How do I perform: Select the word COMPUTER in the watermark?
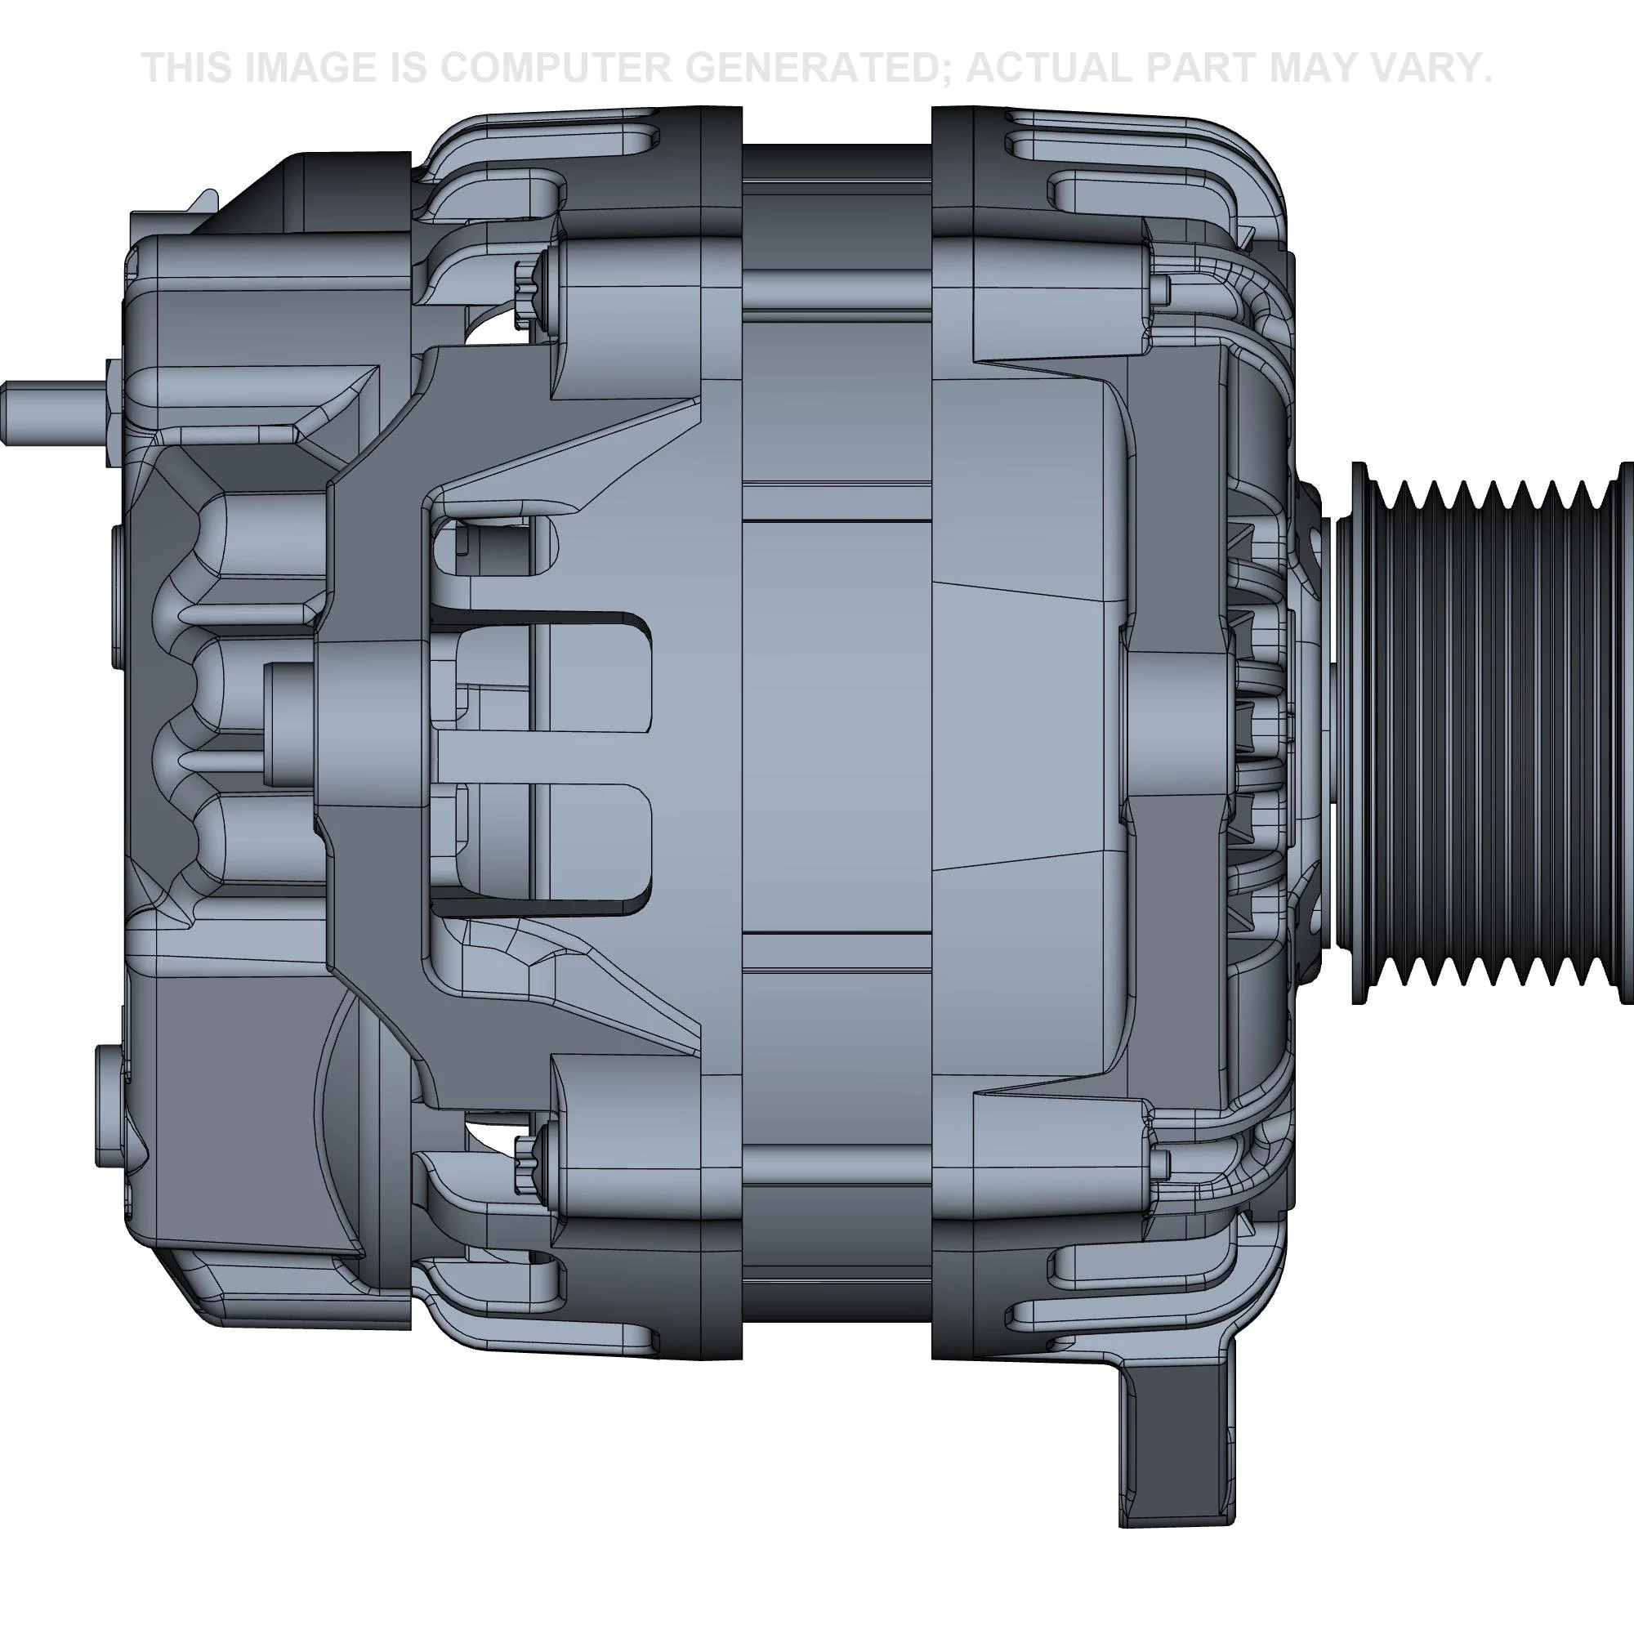[x=554, y=68]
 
